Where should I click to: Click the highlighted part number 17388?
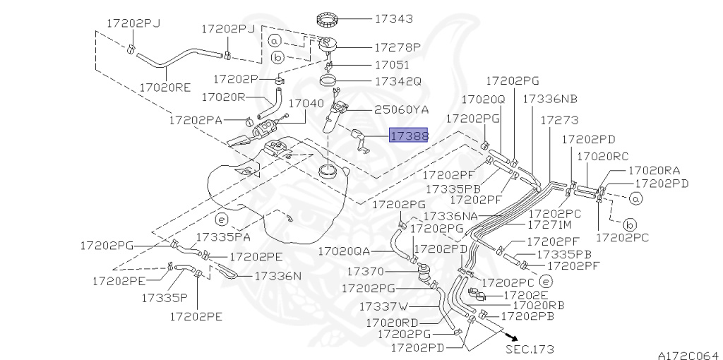409,136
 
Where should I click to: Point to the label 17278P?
397,47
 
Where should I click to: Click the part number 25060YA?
401,109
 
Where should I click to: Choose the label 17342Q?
398,81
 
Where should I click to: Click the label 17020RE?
165,88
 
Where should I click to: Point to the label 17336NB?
550,100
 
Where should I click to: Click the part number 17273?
559,121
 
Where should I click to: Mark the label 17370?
366,271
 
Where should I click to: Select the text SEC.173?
530,349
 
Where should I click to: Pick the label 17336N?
277,275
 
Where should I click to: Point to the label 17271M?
549,225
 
